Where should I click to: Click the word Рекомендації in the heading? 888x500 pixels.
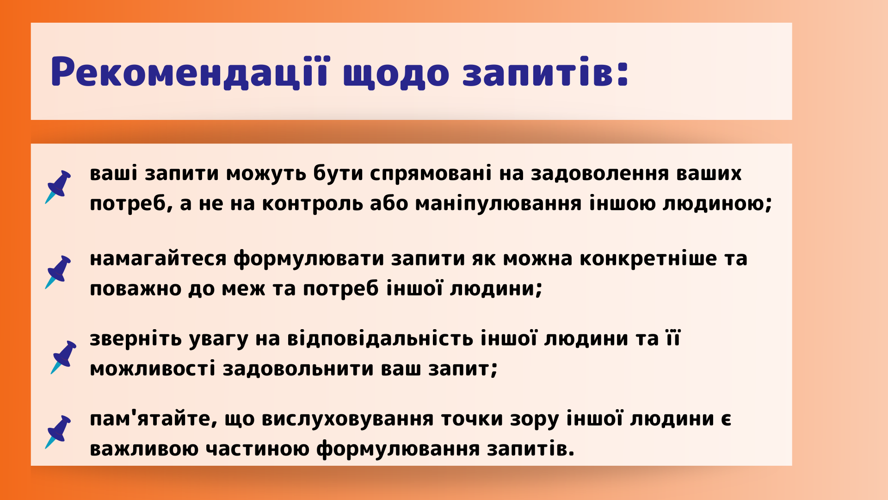coord(190,72)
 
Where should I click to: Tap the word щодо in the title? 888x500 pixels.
coord(396,74)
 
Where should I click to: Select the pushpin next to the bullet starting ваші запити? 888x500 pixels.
coord(58,187)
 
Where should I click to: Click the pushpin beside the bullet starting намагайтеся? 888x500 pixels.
coord(58,272)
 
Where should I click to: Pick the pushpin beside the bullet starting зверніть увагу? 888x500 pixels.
coord(64,357)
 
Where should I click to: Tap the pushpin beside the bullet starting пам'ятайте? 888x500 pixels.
coord(58,431)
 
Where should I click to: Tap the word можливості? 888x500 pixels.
coord(153,369)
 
